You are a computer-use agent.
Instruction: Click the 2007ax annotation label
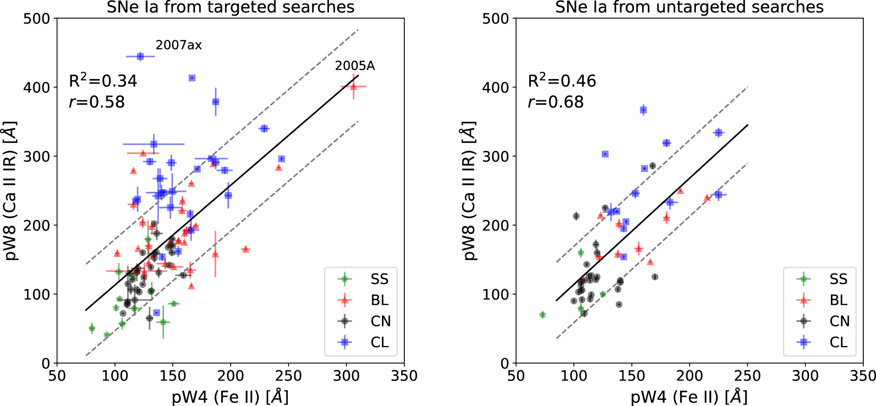pos(179,45)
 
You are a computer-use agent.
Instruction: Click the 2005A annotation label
pos(355,66)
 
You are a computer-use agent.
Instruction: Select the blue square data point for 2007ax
pos(140,56)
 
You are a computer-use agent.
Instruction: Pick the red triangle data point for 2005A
pos(353,87)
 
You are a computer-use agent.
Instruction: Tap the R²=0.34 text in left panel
pos(103,81)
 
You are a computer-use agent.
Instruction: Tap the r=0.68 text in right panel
pos(556,102)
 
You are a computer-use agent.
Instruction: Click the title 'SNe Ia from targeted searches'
pos(230,7)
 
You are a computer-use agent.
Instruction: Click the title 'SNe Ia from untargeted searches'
pos(689,7)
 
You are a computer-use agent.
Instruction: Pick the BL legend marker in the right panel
pos(804,300)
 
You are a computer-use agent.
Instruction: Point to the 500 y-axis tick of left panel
pos(37,19)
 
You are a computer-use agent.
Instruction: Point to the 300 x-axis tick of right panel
pos(805,376)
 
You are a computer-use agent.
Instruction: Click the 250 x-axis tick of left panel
pos(288,376)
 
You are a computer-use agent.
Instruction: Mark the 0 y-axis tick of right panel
pos(505,363)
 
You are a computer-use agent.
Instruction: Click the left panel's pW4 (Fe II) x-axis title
pos(230,397)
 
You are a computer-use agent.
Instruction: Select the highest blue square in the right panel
pos(643,110)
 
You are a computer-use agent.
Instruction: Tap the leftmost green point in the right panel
pos(543,314)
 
